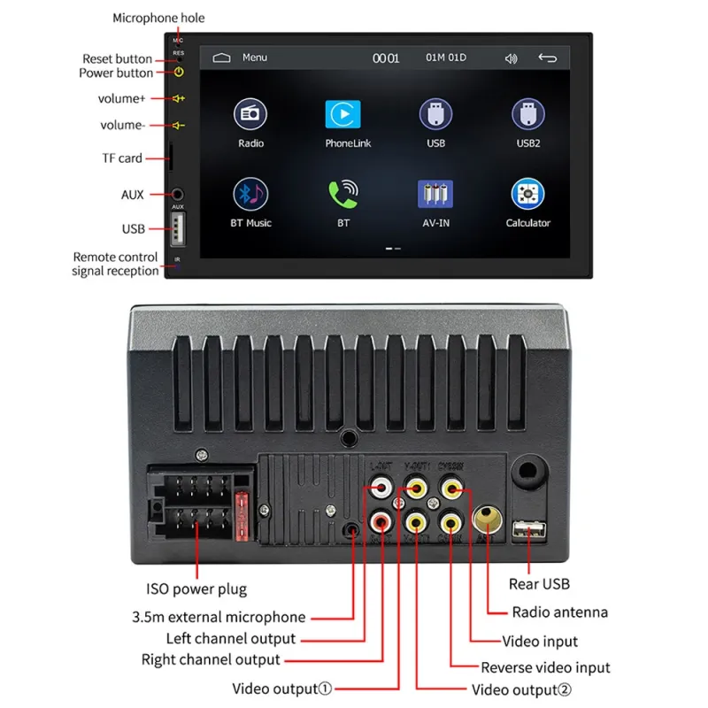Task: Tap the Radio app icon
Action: [250, 114]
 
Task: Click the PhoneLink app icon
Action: [343, 114]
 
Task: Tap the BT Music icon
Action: [250, 194]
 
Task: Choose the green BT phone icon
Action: [343, 194]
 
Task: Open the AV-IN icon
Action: [435, 194]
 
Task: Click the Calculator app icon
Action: [527, 194]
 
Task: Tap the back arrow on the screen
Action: [548, 58]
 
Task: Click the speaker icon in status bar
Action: [511, 58]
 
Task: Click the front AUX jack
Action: [178, 194]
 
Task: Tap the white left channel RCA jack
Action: [382, 487]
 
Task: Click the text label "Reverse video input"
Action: [545, 667]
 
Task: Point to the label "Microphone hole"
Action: [158, 18]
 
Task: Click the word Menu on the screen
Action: [255, 58]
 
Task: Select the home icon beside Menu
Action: [221, 58]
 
